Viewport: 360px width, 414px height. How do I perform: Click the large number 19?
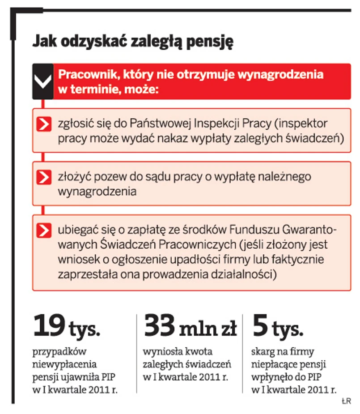[48, 326]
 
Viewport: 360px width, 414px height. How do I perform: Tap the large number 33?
[160, 326]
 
